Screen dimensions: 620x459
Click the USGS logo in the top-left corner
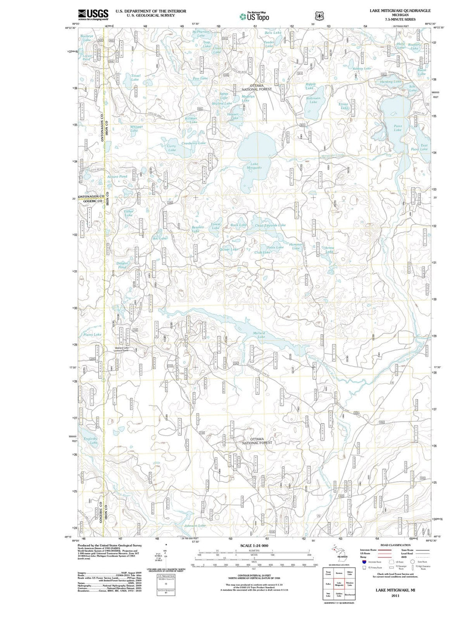point(93,14)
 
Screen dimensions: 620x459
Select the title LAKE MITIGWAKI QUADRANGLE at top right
point(394,11)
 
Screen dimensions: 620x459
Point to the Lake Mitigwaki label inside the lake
point(254,166)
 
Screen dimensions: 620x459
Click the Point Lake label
point(397,128)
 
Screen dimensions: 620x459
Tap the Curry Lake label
point(172,148)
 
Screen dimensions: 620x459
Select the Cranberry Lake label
point(193,143)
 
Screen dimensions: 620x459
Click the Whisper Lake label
point(136,128)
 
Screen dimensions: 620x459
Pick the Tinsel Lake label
point(135,77)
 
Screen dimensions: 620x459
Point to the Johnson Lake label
point(195,526)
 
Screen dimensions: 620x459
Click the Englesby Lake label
point(91,440)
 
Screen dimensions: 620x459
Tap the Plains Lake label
point(92,334)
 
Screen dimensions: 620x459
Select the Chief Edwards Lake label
point(270,225)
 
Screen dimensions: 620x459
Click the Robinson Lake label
point(313,100)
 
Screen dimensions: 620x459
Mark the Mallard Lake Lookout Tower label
point(125,349)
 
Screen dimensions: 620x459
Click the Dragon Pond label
point(122,265)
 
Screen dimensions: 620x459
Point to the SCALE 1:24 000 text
point(254,546)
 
